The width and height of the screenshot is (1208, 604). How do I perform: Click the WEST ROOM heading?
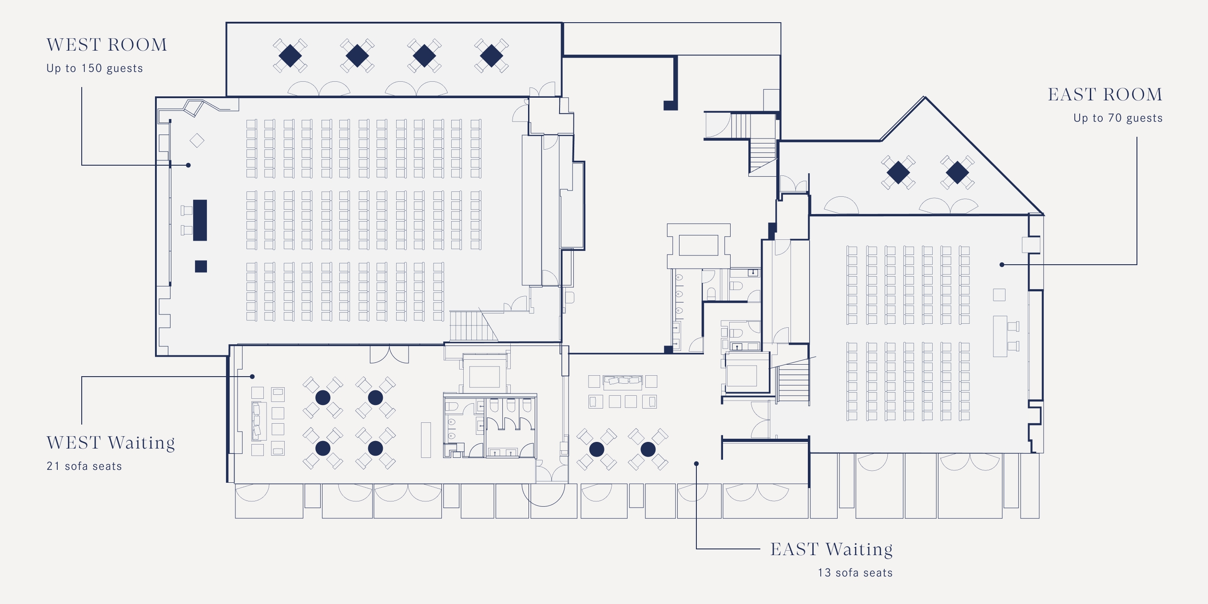[107, 45]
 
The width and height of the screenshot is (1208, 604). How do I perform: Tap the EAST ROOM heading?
[1105, 95]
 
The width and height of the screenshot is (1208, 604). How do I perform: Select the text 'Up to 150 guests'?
[94, 68]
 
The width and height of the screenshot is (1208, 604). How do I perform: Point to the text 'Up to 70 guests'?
[1117, 118]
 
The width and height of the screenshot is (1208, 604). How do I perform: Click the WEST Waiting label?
[111, 443]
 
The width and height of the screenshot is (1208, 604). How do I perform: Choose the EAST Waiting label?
[831, 549]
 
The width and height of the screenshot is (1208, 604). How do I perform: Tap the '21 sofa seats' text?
[84, 466]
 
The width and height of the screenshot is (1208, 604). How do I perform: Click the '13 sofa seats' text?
[855, 572]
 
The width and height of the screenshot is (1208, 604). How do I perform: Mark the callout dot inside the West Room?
[188, 165]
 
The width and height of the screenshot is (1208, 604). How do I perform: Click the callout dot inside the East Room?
[1001, 265]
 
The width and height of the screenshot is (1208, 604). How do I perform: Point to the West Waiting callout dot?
[252, 377]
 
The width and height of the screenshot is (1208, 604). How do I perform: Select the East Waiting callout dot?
[696, 463]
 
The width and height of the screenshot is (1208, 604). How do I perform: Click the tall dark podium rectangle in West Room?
[200, 220]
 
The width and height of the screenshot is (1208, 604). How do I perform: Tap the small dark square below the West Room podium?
[201, 266]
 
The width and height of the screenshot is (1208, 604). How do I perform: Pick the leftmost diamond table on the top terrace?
[290, 56]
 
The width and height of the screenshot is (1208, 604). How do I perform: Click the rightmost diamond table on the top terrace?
[491, 56]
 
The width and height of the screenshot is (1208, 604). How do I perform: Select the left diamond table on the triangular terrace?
[898, 173]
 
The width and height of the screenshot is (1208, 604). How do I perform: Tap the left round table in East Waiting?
[596, 449]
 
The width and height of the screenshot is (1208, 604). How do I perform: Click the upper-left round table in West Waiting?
[322, 397]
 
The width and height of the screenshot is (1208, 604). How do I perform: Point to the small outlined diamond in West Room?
[197, 140]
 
